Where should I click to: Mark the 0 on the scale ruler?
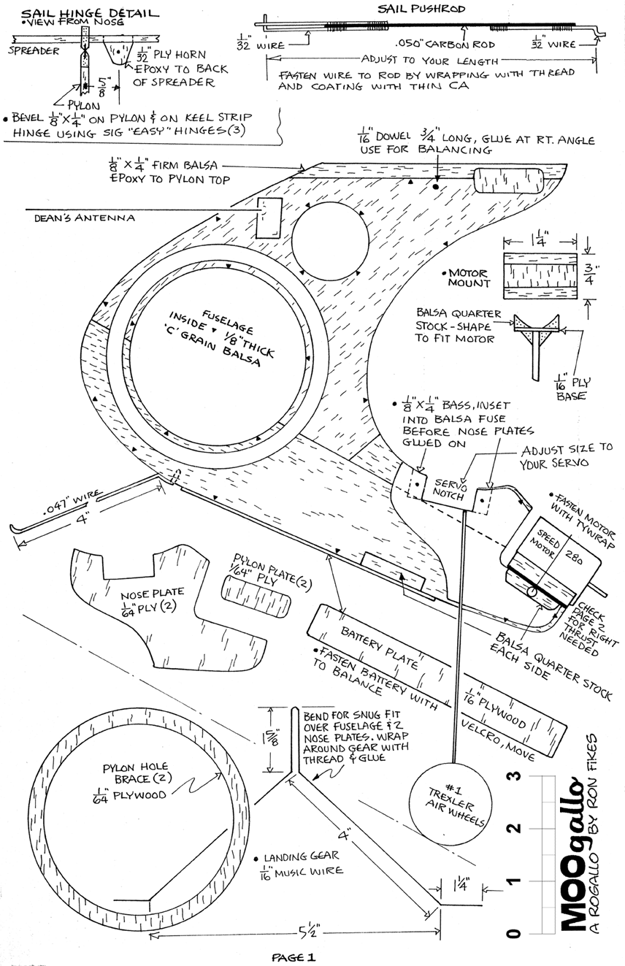pos(515,934)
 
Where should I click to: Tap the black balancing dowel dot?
pos(436,187)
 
